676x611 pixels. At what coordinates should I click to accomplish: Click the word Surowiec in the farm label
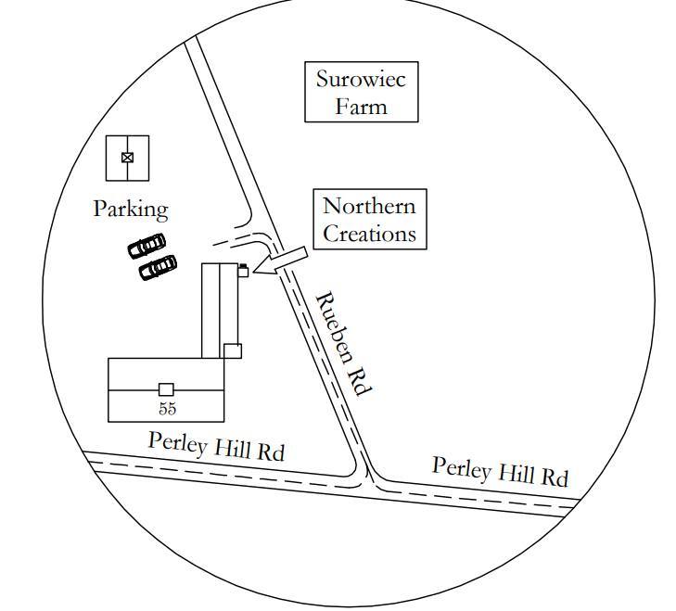(x=361, y=78)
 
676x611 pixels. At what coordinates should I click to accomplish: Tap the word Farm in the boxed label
(x=361, y=106)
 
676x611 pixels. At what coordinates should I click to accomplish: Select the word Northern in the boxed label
(x=368, y=206)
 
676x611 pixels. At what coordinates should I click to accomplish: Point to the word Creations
(x=368, y=234)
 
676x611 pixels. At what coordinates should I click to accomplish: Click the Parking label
(x=131, y=210)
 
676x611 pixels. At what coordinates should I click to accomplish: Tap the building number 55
(x=167, y=408)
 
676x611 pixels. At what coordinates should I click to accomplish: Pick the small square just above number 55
(x=166, y=389)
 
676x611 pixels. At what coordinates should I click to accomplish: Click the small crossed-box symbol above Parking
(x=127, y=158)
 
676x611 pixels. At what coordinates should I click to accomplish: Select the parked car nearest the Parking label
(x=147, y=246)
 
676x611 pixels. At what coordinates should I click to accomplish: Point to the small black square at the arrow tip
(x=243, y=270)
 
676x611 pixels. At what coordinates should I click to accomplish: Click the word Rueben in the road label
(x=333, y=325)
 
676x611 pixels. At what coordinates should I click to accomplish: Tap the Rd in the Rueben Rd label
(x=360, y=380)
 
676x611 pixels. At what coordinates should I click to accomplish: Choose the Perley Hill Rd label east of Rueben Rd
(x=500, y=472)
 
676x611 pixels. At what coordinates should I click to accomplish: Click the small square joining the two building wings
(x=232, y=350)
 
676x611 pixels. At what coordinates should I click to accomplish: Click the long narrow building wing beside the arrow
(x=222, y=306)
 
